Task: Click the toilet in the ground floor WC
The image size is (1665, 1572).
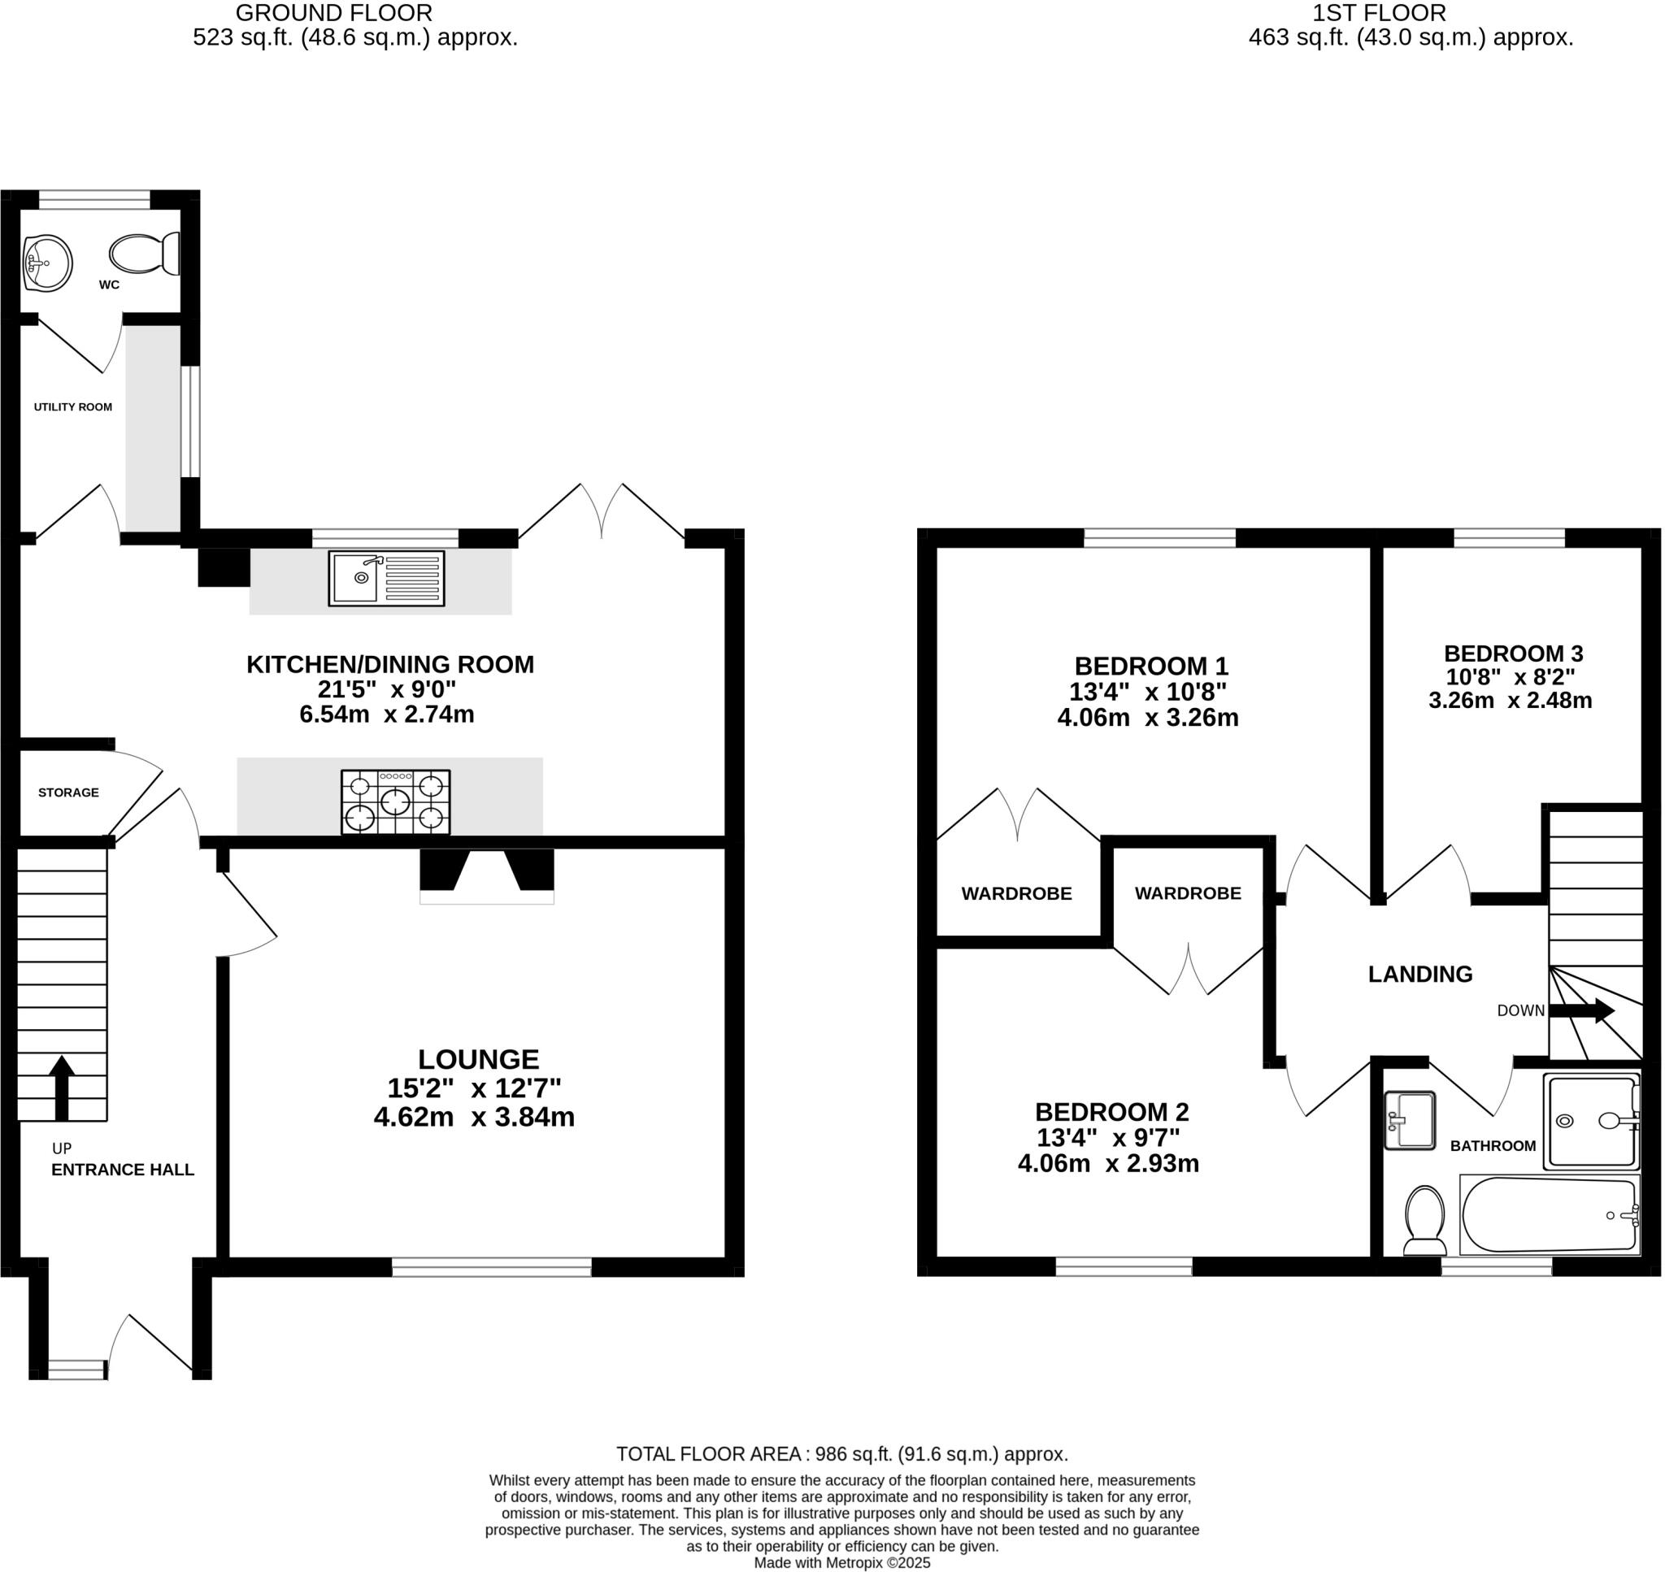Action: click(144, 253)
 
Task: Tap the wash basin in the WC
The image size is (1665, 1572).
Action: click(47, 264)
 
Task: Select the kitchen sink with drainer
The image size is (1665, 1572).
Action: click(386, 578)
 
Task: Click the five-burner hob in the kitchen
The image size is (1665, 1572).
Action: click(395, 802)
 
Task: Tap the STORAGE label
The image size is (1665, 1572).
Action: click(69, 793)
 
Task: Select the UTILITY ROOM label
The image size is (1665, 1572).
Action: click(73, 407)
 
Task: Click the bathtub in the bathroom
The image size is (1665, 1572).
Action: click(1551, 1214)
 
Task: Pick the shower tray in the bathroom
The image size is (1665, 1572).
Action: click(1593, 1121)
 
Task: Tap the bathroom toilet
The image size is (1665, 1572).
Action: click(1424, 1219)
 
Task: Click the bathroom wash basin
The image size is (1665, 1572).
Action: click(1411, 1120)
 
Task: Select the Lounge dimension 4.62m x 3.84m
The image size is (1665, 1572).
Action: click(474, 1117)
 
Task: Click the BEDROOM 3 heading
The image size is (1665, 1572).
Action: click(1513, 654)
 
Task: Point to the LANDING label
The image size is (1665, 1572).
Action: click(1420, 974)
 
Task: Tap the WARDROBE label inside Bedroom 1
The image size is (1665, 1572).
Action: click(1016, 894)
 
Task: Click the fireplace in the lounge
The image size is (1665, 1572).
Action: click(487, 874)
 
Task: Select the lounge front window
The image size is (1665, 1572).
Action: click(492, 1267)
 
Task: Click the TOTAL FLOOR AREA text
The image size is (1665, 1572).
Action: click(842, 1454)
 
